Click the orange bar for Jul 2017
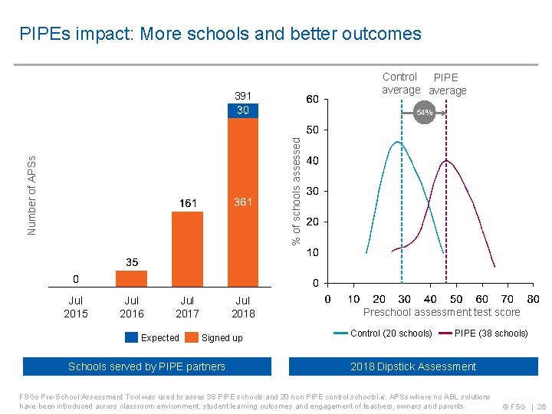[x=187, y=248]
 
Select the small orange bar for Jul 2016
[x=132, y=277]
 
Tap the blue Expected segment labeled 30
[x=243, y=110]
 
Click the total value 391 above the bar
[x=243, y=97]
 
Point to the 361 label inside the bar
[x=243, y=202]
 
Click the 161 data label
[x=187, y=203]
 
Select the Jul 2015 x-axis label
[x=76, y=307]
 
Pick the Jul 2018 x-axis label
[x=243, y=307]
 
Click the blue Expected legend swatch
[x=131, y=337]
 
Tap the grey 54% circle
[x=424, y=113]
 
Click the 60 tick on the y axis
[x=313, y=99]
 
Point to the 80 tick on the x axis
[x=533, y=299]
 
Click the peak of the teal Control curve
[x=396, y=142]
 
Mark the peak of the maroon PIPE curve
[x=445, y=160]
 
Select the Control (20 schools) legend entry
[x=383, y=333]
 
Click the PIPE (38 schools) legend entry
[x=483, y=333]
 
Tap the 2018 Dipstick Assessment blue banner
[x=413, y=366]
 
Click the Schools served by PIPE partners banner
[x=147, y=366]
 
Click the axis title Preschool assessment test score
[x=442, y=312]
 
